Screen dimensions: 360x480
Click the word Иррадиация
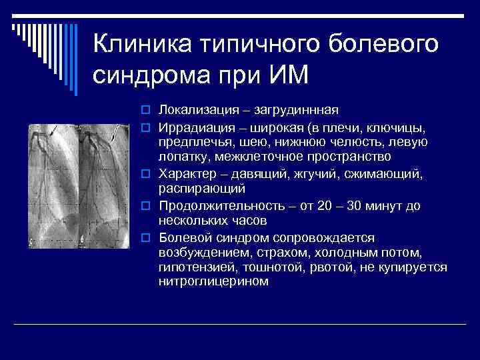click(x=189, y=127)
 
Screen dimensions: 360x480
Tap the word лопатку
click(x=181, y=156)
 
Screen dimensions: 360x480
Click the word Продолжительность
click(x=211, y=205)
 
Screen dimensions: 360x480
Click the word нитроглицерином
click(x=213, y=281)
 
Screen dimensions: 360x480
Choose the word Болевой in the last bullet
click(x=181, y=237)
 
